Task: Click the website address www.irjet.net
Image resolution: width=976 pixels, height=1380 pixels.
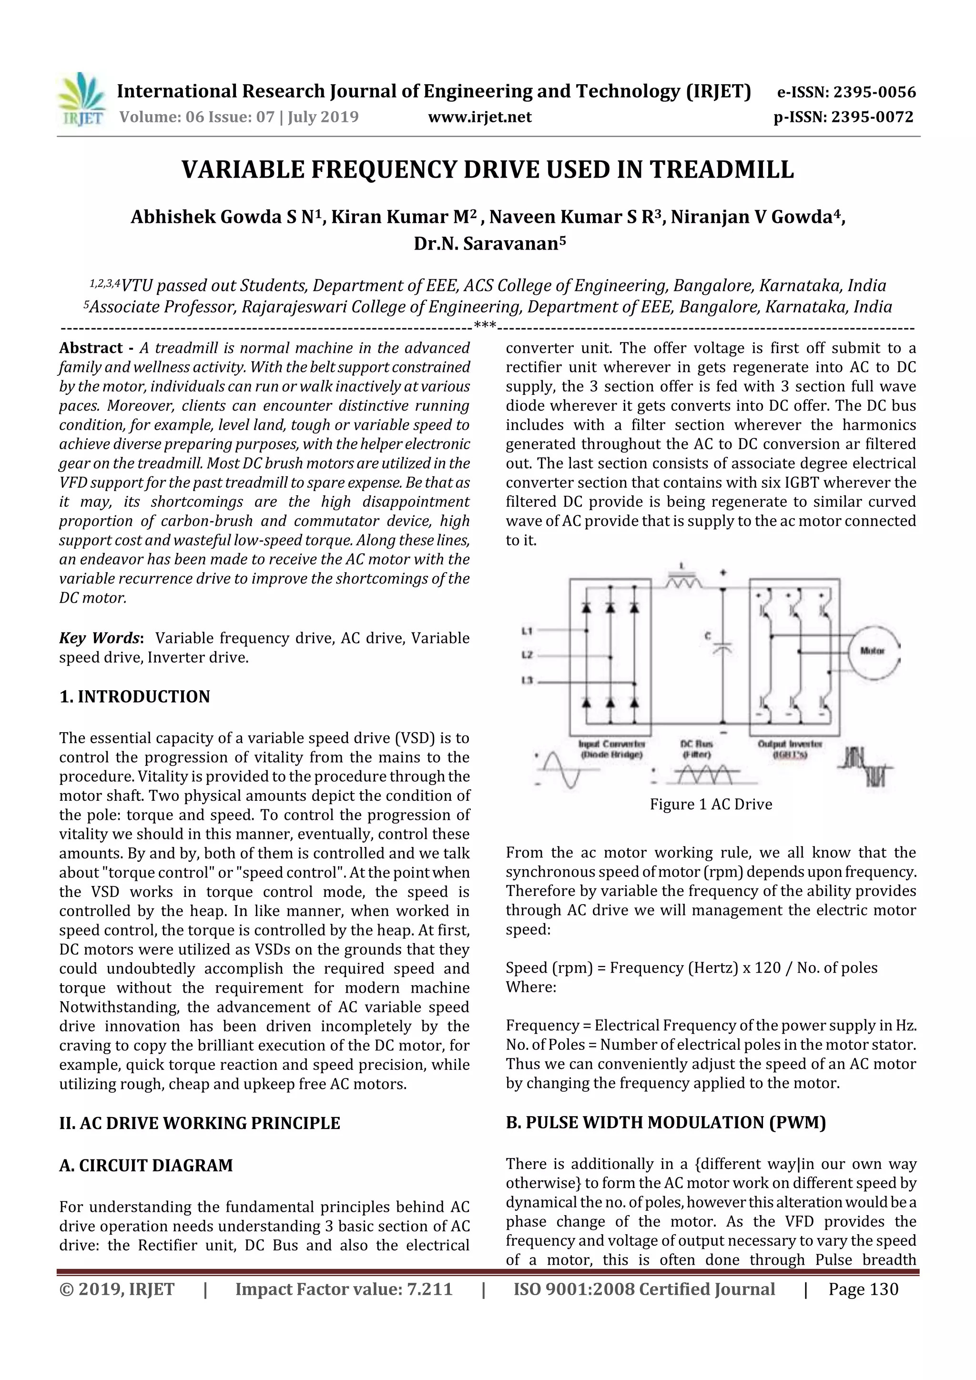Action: pyautogui.click(x=479, y=117)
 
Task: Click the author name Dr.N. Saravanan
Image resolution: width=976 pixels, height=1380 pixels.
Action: pyautogui.click(x=489, y=243)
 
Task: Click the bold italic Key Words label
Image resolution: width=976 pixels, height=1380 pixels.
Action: pyautogui.click(x=100, y=638)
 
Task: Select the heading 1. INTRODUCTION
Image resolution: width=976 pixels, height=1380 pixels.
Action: pyautogui.click(x=135, y=696)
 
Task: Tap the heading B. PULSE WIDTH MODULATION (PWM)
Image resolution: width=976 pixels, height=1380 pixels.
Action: pyautogui.click(x=666, y=1122)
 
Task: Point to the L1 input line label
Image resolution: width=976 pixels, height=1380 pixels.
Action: pyautogui.click(x=528, y=631)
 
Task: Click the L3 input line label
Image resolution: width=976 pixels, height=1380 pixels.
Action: pyautogui.click(x=528, y=681)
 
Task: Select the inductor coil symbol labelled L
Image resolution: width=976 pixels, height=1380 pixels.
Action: pyautogui.click(x=682, y=582)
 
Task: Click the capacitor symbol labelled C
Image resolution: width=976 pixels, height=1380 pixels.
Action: pyautogui.click(x=723, y=648)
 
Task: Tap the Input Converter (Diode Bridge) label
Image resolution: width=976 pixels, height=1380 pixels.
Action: pyautogui.click(x=611, y=749)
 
